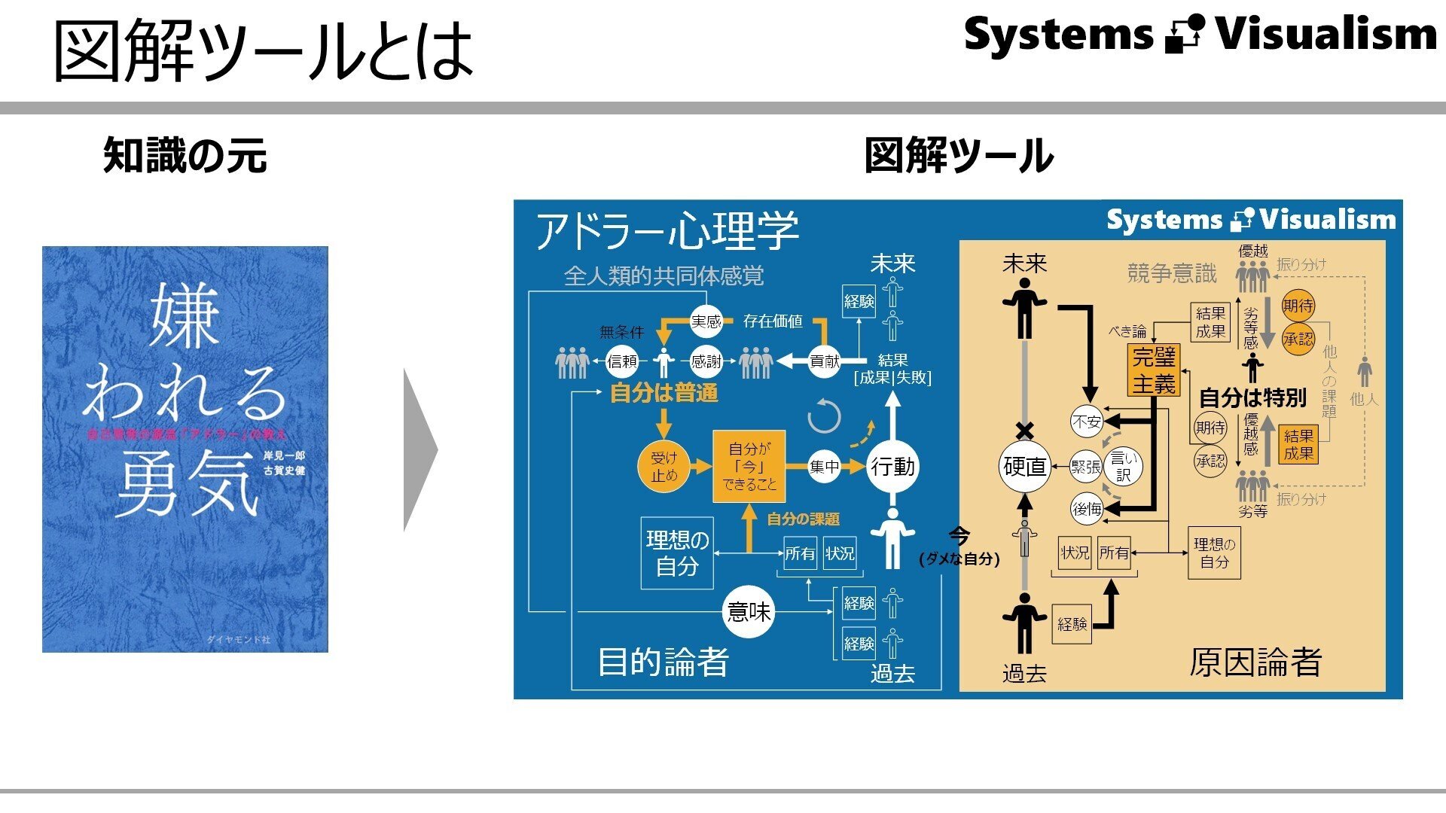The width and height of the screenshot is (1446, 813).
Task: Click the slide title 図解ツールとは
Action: (x=264, y=51)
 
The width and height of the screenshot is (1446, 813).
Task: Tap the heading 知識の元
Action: (x=185, y=156)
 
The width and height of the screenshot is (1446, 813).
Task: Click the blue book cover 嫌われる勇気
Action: (x=185, y=449)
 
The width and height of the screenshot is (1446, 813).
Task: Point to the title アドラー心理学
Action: (x=667, y=230)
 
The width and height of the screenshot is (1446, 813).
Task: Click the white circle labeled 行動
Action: (x=892, y=467)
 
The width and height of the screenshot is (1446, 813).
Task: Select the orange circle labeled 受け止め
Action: (x=664, y=467)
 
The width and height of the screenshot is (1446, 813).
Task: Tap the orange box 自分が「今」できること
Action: (x=749, y=467)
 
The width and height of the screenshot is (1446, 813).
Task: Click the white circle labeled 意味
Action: (x=749, y=611)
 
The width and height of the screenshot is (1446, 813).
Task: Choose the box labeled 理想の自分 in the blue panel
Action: (x=677, y=553)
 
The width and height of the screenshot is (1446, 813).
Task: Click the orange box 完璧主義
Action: (x=1154, y=370)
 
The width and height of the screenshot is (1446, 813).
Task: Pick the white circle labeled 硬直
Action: (x=1024, y=467)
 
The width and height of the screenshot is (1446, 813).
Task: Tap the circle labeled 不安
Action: (x=1087, y=422)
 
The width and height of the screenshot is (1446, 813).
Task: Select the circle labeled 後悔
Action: (x=1087, y=510)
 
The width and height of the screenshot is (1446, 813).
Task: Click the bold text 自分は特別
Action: (x=1252, y=397)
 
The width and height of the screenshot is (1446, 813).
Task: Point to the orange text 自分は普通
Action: (x=664, y=393)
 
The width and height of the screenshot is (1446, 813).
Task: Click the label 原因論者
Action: (x=1255, y=662)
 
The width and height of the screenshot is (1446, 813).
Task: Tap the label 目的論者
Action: (x=663, y=662)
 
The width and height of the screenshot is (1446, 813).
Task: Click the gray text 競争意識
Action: (x=1172, y=273)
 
